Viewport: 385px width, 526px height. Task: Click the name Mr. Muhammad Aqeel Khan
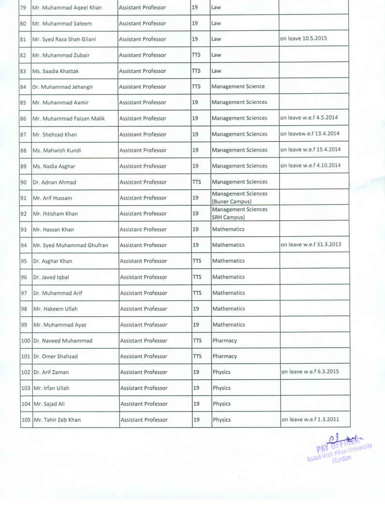pyautogui.click(x=67, y=8)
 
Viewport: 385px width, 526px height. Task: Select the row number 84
pyautogui.click(x=23, y=87)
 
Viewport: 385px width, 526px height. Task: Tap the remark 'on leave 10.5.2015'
pyautogui.click(x=303, y=38)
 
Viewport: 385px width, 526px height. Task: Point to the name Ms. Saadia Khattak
pyautogui.click(x=55, y=71)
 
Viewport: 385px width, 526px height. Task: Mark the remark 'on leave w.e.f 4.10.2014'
pyautogui.click(x=311, y=165)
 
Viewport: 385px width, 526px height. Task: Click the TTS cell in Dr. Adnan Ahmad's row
pyautogui.click(x=197, y=182)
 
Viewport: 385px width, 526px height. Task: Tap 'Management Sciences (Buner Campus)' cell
pyautogui.click(x=240, y=198)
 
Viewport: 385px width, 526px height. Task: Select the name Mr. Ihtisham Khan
pyautogui.click(x=55, y=213)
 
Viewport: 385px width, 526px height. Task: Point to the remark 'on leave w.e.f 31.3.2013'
pyautogui.click(x=311, y=244)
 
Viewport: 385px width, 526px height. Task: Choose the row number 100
pyautogui.click(x=26, y=341)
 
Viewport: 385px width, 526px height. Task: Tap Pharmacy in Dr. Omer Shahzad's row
pyautogui.click(x=225, y=356)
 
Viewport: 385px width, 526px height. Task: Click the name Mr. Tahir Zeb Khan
pyautogui.click(x=57, y=420)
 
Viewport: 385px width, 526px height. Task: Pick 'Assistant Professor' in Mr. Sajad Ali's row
pyautogui.click(x=144, y=404)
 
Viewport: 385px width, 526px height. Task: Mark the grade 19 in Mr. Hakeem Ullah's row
pyautogui.click(x=196, y=309)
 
